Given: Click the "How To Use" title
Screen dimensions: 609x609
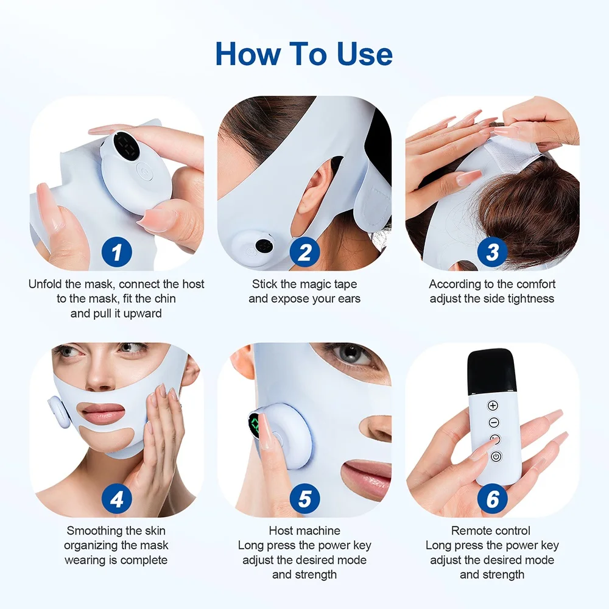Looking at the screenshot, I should tap(304, 54).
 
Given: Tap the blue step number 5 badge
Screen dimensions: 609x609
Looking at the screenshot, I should tap(304, 499).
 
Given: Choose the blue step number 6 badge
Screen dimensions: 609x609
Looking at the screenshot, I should tap(492, 499).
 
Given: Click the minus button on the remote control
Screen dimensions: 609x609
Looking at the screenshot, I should tap(493, 422).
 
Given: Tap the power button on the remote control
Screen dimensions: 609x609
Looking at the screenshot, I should tap(495, 457).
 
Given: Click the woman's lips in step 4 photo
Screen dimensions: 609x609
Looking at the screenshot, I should tap(104, 414).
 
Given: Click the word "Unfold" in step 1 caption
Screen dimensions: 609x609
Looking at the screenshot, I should tap(46, 284).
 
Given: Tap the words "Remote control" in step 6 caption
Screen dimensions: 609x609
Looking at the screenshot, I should tap(491, 531).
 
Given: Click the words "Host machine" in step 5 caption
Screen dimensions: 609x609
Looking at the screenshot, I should tap(304, 531).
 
